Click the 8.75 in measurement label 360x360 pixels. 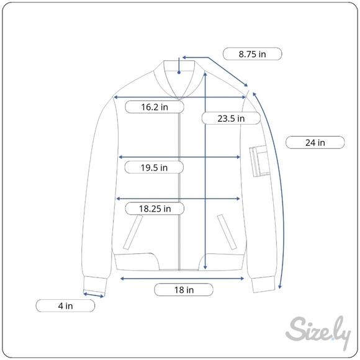pos(252,54)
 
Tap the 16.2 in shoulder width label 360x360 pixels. pos(155,107)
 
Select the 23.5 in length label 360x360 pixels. pos(231,119)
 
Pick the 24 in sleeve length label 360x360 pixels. pos(315,143)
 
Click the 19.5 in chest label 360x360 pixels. pos(154,168)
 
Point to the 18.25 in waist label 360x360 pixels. pos(155,209)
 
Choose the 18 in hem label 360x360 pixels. pos(184,290)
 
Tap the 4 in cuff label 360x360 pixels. pos(65,306)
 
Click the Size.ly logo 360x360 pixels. pos(318,332)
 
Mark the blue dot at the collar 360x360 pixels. pos(179,73)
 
